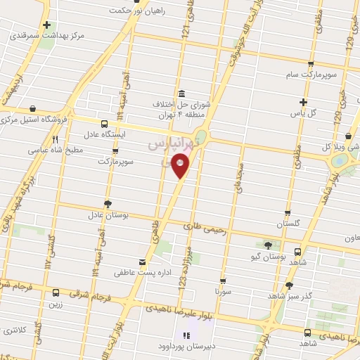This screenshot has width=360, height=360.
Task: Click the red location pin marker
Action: pos(181,166)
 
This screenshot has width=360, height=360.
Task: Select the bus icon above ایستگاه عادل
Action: pos(104,122)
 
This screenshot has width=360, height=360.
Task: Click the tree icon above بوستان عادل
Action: pos(107,203)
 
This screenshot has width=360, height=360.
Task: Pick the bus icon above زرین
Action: pos(56,292)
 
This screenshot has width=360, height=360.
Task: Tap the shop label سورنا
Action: pos(224,290)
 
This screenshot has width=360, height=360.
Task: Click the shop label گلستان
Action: pos(288,223)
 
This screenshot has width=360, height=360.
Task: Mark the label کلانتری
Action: pos(14,330)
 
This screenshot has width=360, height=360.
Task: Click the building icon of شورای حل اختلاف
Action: pos(182,94)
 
